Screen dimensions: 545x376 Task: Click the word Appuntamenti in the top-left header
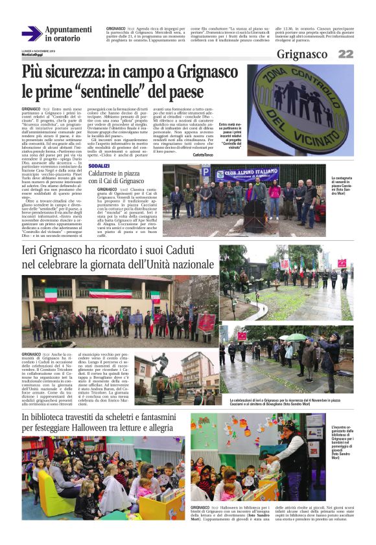[x=69, y=30]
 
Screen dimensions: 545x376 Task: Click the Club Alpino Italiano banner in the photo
[x=246, y=174]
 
